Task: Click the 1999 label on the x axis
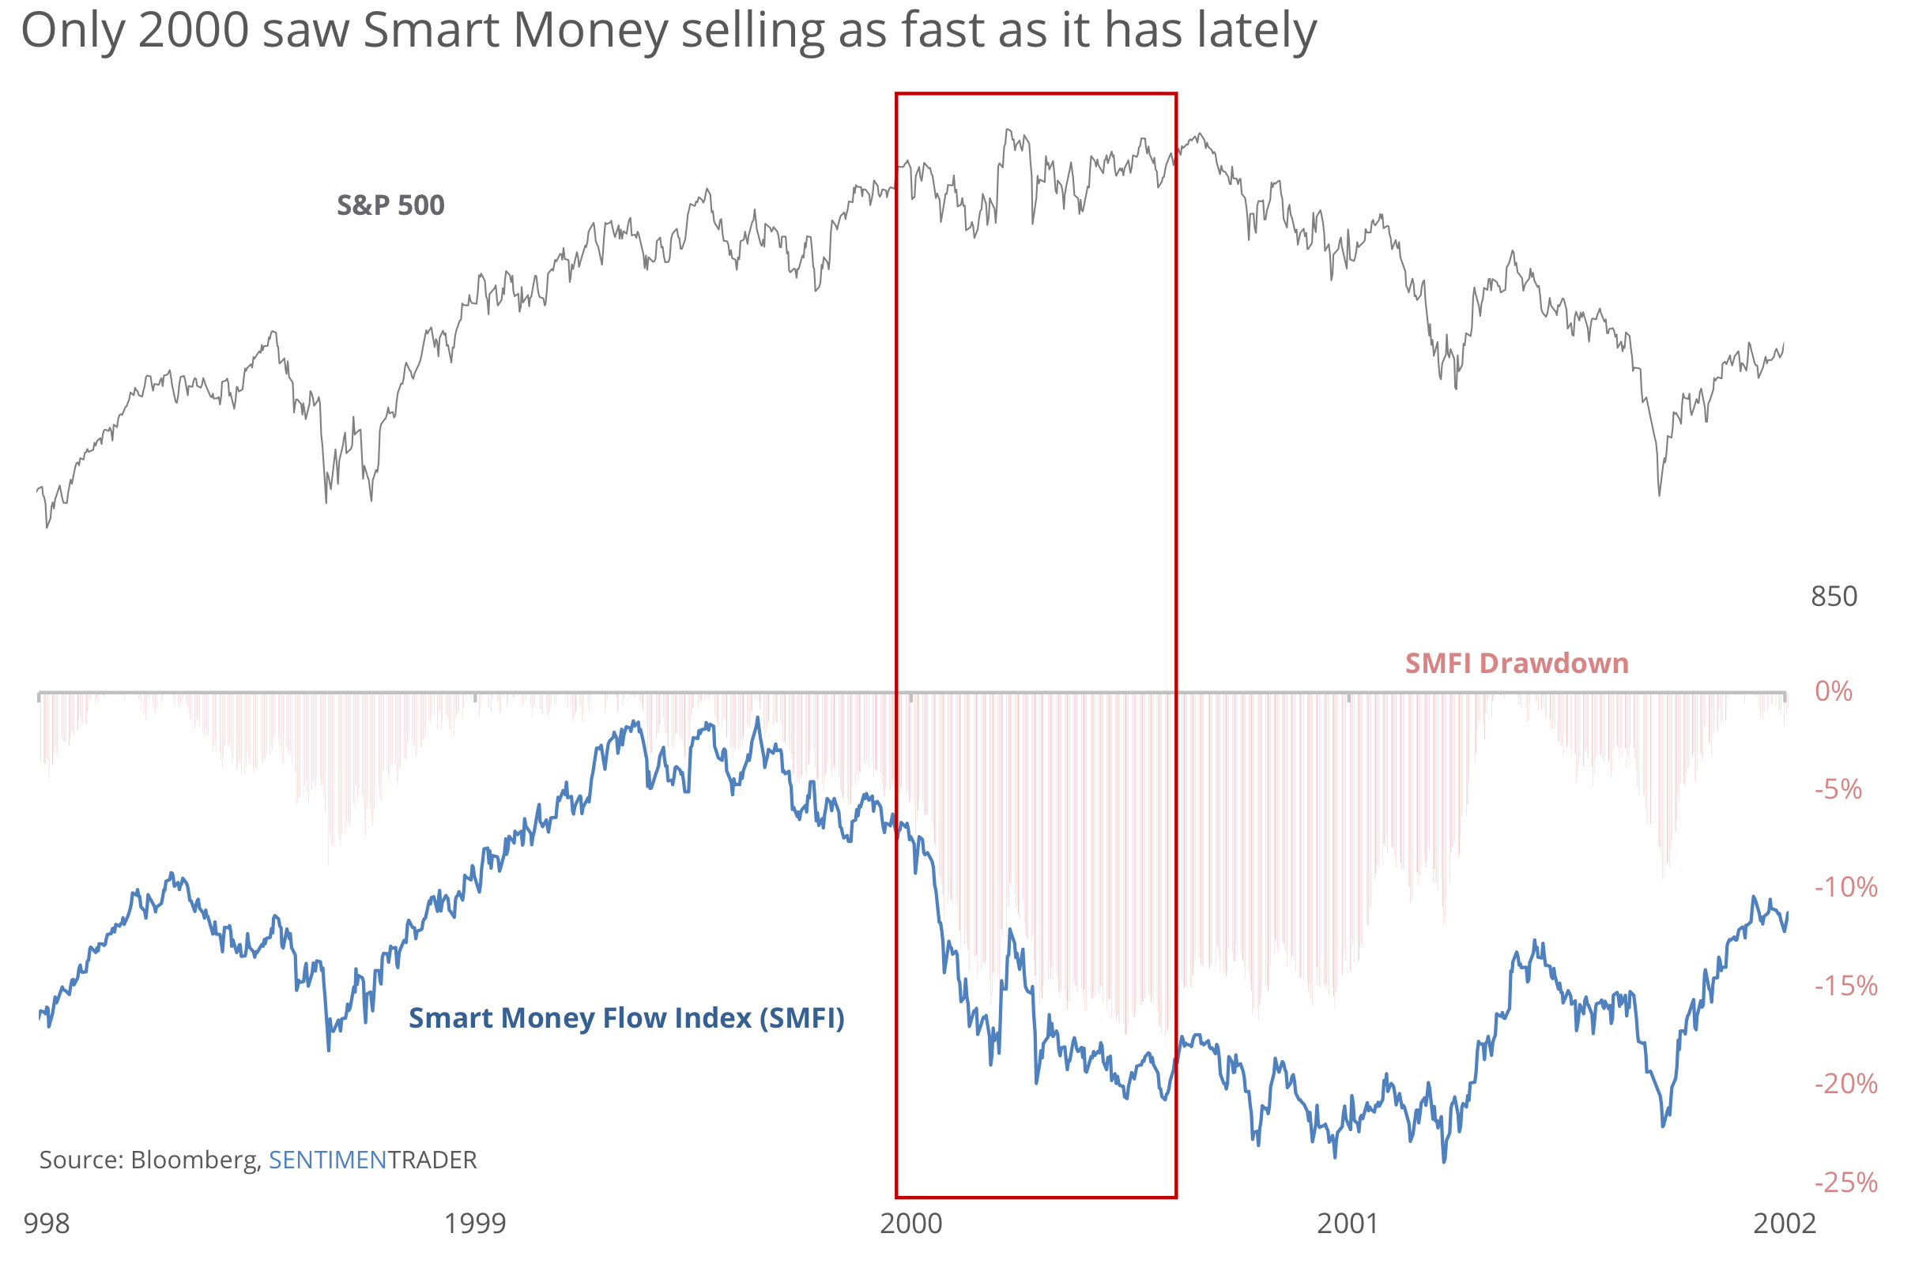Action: tap(474, 1223)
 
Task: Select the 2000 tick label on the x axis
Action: tap(910, 1223)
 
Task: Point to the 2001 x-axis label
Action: tap(1348, 1223)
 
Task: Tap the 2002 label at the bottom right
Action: tap(1784, 1223)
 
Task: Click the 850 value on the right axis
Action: tap(1833, 596)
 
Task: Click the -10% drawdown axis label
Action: tap(1845, 887)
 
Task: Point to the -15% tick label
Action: tap(1845, 986)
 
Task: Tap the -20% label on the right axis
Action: tap(1845, 1084)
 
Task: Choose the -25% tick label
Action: tap(1845, 1183)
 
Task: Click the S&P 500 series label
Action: tap(390, 205)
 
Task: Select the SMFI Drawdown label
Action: tap(1516, 663)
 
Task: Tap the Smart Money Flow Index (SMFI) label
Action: tap(626, 1018)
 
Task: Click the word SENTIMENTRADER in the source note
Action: tap(372, 1160)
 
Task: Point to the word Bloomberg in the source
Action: tap(194, 1160)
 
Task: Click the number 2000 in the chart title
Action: tap(193, 31)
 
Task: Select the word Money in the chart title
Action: tap(590, 31)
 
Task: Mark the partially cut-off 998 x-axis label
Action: tap(46, 1223)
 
